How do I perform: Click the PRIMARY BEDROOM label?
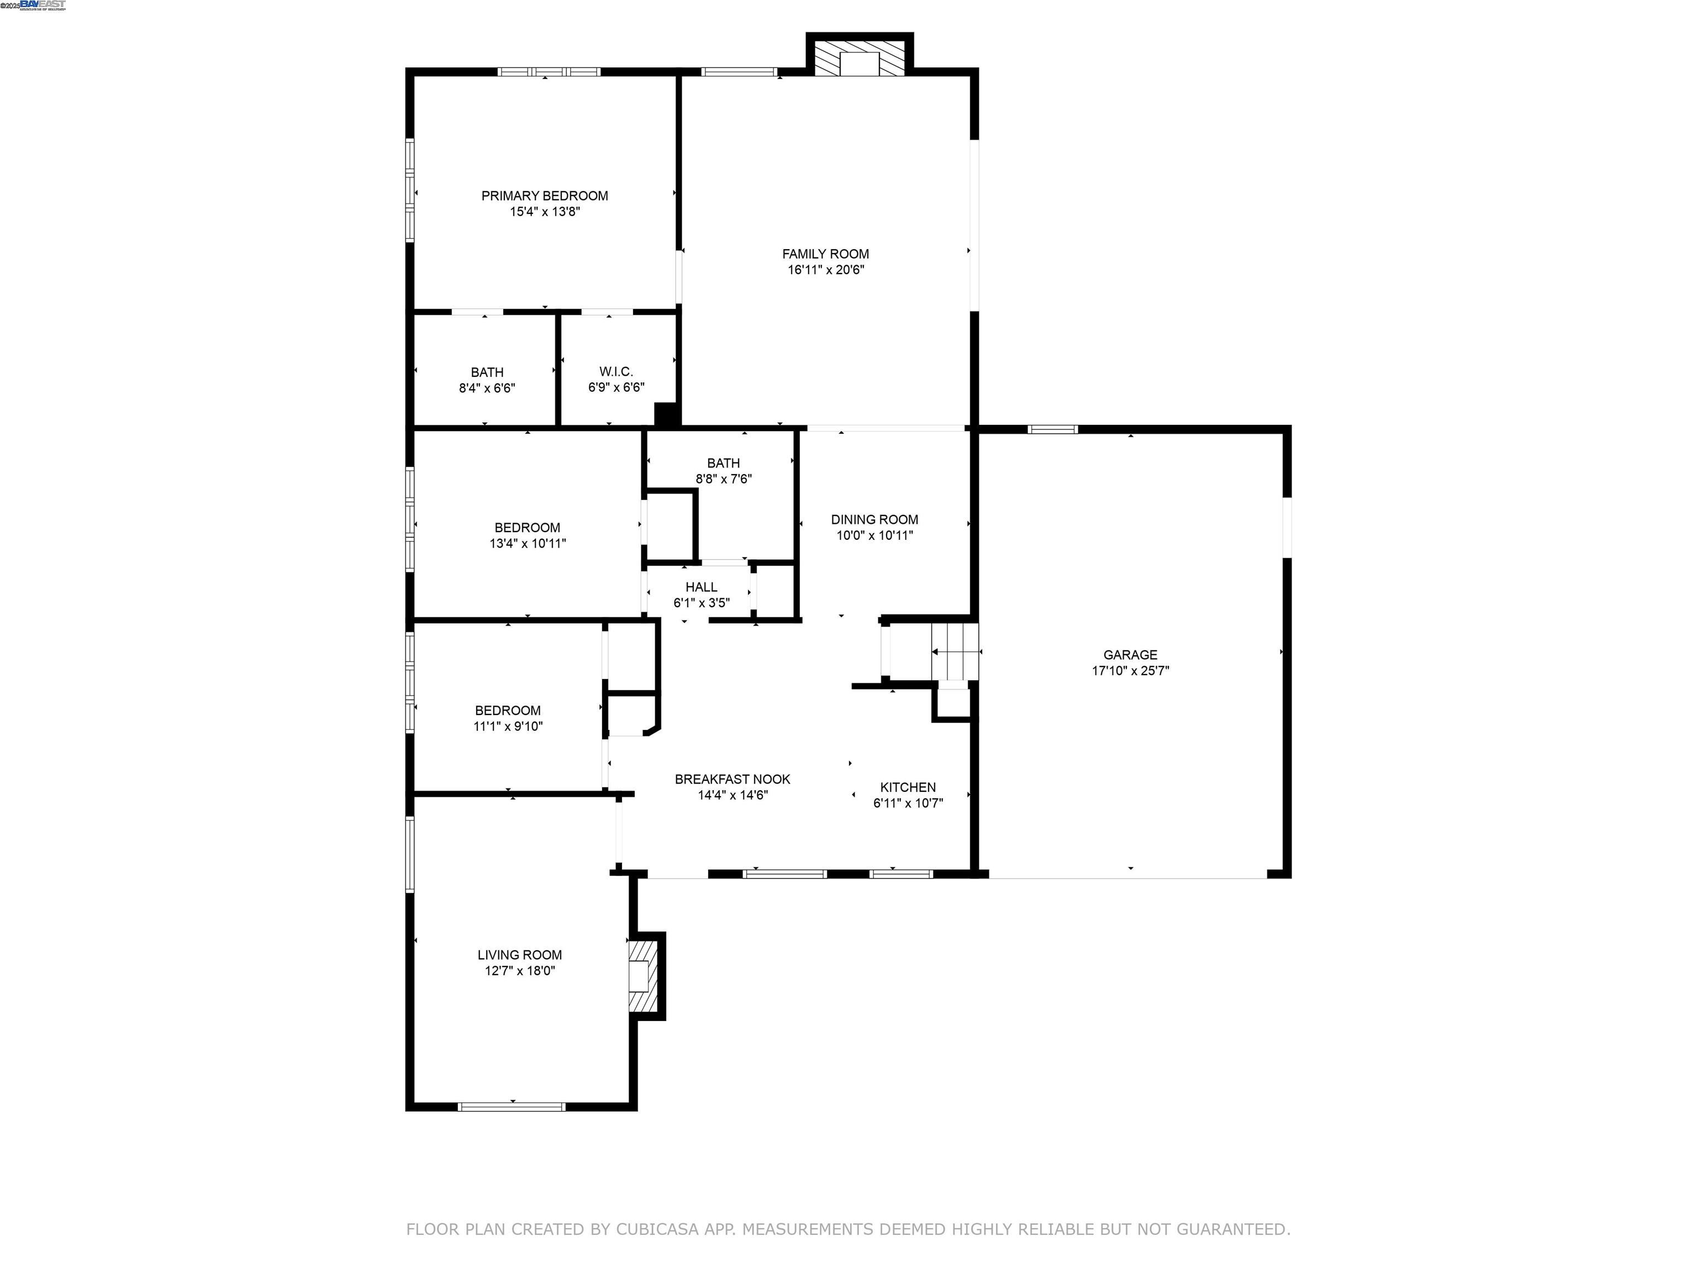tap(545, 196)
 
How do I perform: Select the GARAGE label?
tap(1130, 655)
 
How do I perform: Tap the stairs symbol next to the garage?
tap(955, 652)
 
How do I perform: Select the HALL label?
tap(701, 587)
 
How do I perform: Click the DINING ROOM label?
tap(874, 519)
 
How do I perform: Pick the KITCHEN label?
tap(908, 787)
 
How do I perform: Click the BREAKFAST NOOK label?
tap(732, 779)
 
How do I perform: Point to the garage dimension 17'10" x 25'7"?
tap(1130, 671)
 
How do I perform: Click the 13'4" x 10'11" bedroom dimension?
tap(528, 543)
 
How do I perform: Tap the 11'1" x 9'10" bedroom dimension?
tap(508, 726)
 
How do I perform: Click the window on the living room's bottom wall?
tap(512, 1107)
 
